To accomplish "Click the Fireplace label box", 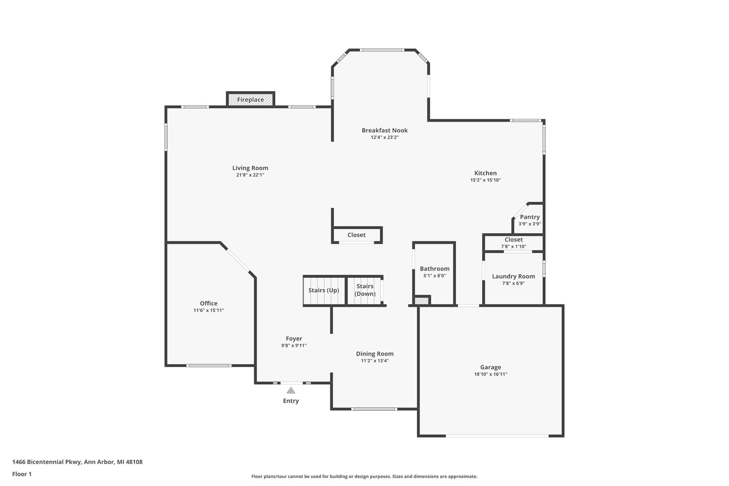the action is pyautogui.click(x=251, y=99).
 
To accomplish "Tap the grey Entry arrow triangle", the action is pyautogui.click(x=291, y=390).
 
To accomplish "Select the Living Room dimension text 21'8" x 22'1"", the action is pyautogui.click(x=250, y=175).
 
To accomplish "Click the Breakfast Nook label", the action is pyautogui.click(x=385, y=130).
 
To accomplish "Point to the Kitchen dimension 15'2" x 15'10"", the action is pyautogui.click(x=485, y=180).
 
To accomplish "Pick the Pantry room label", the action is pyautogui.click(x=530, y=217).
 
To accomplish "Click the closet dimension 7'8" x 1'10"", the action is pyautogui.click(x=513, y=246).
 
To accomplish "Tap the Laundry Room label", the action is pyautogui.click(x=513, y=276).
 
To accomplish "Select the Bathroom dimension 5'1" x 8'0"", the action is pyautogui.click(x=435, y=276).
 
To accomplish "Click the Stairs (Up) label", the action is pyautogui.click(x=324, y=290).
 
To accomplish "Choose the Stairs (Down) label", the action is pyautogui.click(x=365, y=290).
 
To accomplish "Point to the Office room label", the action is pyautogui.click(x=209, y=303).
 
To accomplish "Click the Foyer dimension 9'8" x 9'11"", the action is pyautogui.click(x=294, y=345).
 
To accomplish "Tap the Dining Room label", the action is pyautogui.click(x=375, y=353).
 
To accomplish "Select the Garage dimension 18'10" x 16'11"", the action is pyautogui.click(x=490, y=374).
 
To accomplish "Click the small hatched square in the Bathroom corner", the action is pyautogui.click(x=422, y=300).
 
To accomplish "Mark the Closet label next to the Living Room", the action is pyautogui.click(x=356, y=235).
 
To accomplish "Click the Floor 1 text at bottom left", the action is pyautogui.click(x=22, y=474).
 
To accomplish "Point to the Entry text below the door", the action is pyautogui.click(x=291, y=401).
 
